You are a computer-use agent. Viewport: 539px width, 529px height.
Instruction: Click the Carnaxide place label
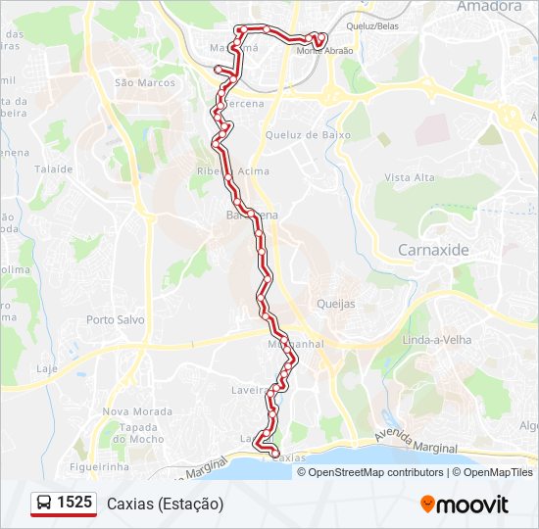(433, 250)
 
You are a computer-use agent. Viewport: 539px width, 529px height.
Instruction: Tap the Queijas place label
(336, 304)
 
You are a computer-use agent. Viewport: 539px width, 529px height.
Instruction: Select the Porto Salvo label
(115, 319)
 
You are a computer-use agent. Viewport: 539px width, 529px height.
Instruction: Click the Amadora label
(489, 6)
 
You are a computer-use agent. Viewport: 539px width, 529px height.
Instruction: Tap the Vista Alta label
(410, 177)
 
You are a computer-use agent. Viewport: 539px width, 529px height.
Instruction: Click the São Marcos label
(145, 83)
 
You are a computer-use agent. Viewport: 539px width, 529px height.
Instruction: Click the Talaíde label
(54, 168)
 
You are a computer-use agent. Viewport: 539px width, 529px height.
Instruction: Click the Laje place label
(47, 368)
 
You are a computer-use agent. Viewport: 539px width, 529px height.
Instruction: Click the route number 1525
(74, 503)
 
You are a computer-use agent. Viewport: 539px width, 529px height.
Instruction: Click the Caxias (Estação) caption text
(165, 504)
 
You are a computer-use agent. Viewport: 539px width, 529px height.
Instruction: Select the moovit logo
(465, 504)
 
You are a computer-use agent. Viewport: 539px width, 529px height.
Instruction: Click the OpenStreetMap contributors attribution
(376, 472)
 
